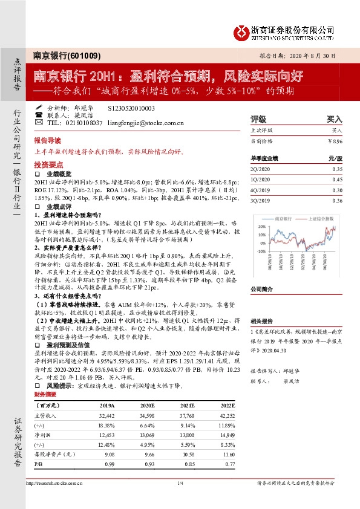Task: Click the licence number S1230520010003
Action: coord(131,108)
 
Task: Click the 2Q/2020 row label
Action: coord(260,170)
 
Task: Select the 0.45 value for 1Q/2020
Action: coord(337,180)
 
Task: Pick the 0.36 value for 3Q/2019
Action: coord(337,200)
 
